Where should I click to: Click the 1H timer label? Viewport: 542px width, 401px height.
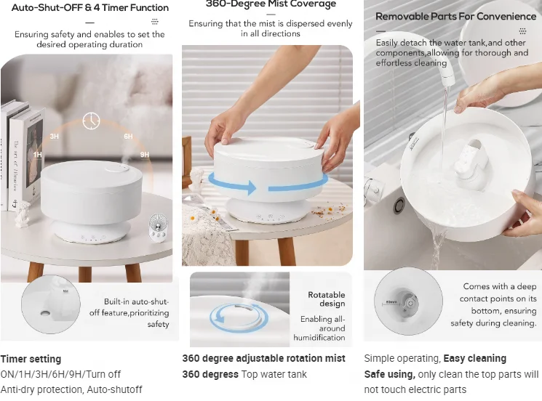coord(38,155)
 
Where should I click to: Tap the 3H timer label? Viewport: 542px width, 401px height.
coord(55,136)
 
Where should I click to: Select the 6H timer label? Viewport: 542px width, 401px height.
coord(128,136)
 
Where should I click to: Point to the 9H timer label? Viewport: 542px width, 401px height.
coord(145,155)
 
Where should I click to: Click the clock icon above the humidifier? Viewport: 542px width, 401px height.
coord(91,121)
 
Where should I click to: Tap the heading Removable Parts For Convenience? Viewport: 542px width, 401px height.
coord(455,16)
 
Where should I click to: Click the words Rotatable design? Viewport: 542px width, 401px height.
coord(326,299)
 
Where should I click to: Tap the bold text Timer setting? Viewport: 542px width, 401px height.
coord(31,359)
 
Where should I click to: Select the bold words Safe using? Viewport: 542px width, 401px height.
coord(390,374)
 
